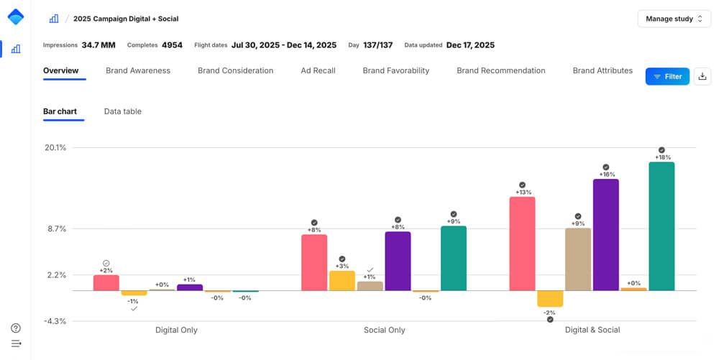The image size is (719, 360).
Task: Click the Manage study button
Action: [x=674, y=19]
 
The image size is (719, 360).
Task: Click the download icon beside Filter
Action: [x=702, y=76]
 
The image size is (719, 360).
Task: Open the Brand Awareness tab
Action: [x=138, y=70]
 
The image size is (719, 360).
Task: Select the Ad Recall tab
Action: [x=318, y=70]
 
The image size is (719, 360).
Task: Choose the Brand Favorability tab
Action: [x=395, y=70]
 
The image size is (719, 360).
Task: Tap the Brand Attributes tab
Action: [x=603, y=70]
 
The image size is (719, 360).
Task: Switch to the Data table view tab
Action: [x=122, y=111]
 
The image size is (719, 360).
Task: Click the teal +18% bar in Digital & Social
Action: [x=661, y=226]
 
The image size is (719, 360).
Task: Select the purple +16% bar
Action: [x=605, y=234]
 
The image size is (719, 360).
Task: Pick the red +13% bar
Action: [x=522, y=244]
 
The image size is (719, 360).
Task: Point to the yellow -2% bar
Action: [x=550, y=298]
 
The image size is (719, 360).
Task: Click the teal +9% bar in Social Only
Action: [x=454, y=258]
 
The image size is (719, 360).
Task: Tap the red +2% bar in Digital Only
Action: [x=106, y=282]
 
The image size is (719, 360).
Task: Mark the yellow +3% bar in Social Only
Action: [x=342, y=280]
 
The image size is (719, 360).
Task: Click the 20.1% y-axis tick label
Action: [x=56, y=147]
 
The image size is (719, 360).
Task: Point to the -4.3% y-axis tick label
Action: [x=56, y=321]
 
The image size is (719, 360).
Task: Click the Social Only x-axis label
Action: [x=385, y=330]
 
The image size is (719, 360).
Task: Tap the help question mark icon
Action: [x=16, y=328]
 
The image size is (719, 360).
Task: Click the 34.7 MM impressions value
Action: [x=99, y=45]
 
